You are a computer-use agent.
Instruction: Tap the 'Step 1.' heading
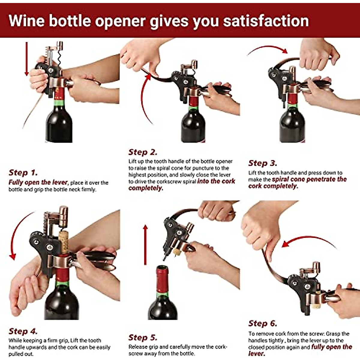click(23, 172)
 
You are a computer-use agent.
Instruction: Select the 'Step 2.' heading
click(142, 152)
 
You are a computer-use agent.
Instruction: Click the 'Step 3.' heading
click(262, 163)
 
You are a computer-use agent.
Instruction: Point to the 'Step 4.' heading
click(23, 331)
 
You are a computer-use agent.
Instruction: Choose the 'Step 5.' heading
click(142, 337)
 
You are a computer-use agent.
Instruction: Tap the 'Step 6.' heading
click(262, 323)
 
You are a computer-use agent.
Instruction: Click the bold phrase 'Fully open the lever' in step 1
click(38, 182)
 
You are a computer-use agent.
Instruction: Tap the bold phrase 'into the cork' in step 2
click(216, 181)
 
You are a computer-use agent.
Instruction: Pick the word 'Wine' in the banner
click(26, 21)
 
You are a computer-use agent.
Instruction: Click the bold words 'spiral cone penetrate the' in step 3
click(309, 179)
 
